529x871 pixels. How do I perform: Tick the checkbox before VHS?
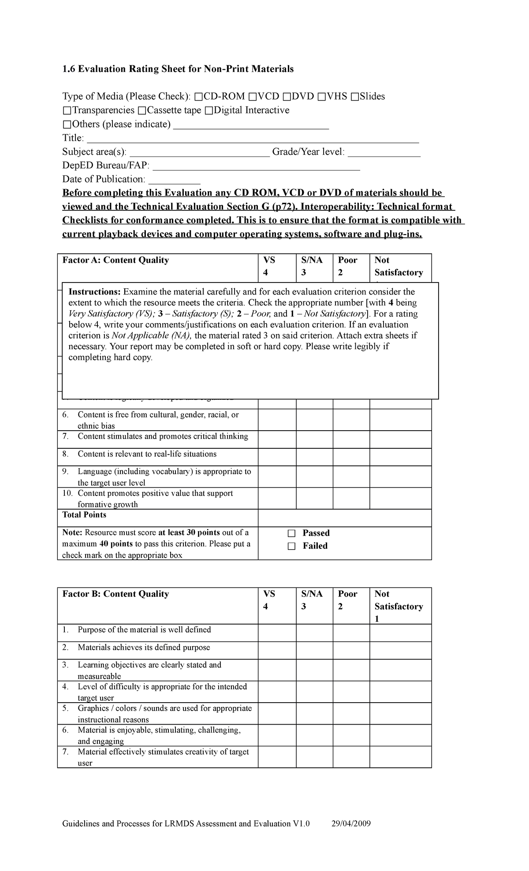(321, 97)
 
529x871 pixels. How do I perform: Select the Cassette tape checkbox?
(141, 110)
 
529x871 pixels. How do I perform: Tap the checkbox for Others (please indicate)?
(67, 124)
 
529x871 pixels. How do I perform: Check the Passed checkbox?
(291, 533)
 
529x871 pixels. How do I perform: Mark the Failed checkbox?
(291, 546)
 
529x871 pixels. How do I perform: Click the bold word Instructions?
(94, 292)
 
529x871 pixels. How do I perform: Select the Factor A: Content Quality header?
(115, 260)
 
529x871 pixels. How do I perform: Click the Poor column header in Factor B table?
(347, 594)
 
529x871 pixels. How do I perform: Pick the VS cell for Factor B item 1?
(277, 633)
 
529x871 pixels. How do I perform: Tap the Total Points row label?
(84, 515)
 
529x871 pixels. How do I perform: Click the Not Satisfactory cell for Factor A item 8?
(400, 457)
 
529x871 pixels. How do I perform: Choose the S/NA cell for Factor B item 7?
(314, 757)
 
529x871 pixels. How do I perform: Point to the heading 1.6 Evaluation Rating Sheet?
(178, 69)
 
